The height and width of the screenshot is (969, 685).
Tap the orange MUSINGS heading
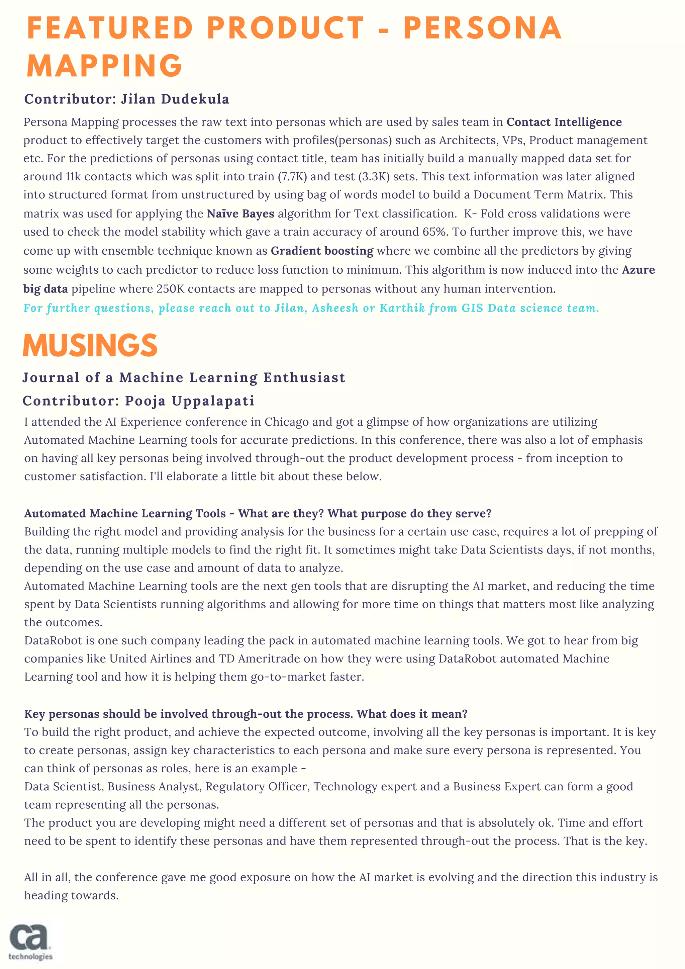[90, 346]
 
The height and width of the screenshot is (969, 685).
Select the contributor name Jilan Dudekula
[175, 99]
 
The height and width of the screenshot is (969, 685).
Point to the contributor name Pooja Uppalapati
[189, 401]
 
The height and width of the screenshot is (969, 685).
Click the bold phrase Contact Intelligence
[564, 122]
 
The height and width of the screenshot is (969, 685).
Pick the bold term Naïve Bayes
[240, 213]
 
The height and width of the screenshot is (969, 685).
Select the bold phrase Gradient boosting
[322, 251]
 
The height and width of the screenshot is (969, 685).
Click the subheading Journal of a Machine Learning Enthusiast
[184, 377]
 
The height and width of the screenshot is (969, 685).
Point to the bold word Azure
[638, 270]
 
